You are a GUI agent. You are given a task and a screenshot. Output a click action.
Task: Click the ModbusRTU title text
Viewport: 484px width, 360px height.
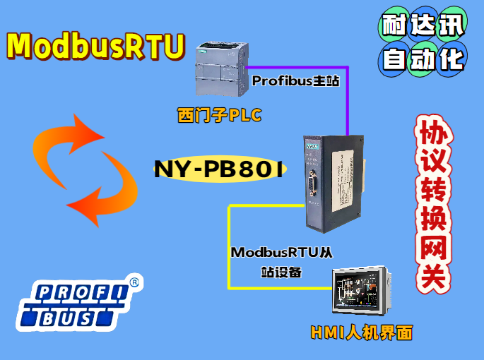tap(95, 46)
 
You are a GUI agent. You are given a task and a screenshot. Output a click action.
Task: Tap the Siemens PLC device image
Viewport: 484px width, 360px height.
tap(220, 71)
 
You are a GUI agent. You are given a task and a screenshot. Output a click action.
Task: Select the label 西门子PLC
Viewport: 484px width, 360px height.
tap(219, 116)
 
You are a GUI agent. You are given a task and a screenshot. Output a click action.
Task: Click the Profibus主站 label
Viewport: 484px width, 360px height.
tap(295, 81)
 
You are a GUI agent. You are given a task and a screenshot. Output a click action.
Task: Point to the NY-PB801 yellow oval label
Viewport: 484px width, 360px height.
tap(218, 169)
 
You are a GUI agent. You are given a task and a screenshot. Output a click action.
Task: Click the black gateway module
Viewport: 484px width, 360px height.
tap(333, 181)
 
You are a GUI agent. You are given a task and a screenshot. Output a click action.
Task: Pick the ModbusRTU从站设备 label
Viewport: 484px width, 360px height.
tap(281, 261)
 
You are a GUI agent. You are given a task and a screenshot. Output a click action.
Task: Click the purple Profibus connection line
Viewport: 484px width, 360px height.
tap(348, 106)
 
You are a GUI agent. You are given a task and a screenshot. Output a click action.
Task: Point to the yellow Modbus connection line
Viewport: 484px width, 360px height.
tap(228, 247)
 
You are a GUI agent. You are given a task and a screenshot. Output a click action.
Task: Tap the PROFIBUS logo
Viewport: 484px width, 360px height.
tap(71, 306)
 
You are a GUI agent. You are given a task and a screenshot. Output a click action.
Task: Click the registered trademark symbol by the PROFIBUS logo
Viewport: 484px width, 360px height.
tap(134, 282)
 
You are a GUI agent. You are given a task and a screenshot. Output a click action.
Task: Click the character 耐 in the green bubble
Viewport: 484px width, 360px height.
tap(394, 27)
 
